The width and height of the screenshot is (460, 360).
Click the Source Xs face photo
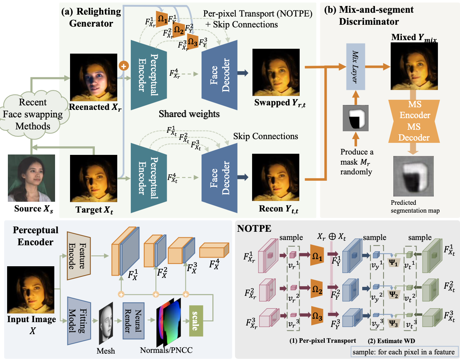click(31, 178)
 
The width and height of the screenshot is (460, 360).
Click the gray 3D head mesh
click(107, 323)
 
